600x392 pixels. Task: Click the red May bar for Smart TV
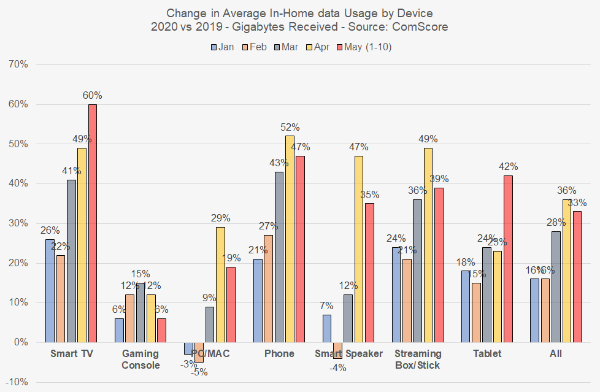[93, 223]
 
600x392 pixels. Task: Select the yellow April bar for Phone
[290, 239]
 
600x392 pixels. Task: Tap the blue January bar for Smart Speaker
[327, 328]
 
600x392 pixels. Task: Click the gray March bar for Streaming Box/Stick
[417, 271]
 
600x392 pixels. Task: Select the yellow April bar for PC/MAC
[220, 285]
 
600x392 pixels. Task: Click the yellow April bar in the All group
[566, 271]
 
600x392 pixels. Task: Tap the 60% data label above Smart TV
[93, 96]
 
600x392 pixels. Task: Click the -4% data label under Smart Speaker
[337, 368]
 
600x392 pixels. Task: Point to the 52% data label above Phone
[290, 128]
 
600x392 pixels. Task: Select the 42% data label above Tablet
[509, 167]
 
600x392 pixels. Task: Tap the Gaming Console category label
[140, 359]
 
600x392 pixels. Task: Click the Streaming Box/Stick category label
[418, 359]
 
